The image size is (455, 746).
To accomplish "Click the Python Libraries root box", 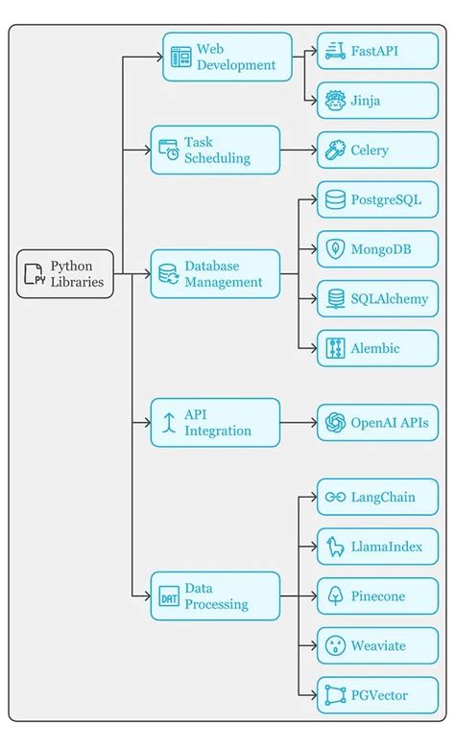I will click(x=65, y=274).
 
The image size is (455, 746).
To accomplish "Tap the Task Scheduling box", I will click(x=215, y=150).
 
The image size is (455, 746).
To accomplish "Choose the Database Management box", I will click(x=215, y=274).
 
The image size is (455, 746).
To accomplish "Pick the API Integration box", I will click(x=215, y=423).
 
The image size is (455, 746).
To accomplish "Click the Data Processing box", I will click(x=215, y=596).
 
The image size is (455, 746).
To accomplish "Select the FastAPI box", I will click(x=377, y=50).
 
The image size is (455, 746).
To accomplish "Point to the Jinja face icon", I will click(x=335, y=100).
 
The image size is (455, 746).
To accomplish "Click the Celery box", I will click(x=377, y=150).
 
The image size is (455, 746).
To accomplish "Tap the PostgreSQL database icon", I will click(x=335, y=199).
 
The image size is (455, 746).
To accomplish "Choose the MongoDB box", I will click(x=377, y=249).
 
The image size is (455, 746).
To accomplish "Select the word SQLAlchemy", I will click(x=390, y=299).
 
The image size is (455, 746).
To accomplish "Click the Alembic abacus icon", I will click(x=335, y=348).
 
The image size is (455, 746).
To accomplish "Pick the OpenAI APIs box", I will click(x=377, y=423).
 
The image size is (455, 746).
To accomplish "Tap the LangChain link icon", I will click(x=335, y=497).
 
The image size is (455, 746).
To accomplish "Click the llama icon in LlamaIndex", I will click(x=335, y=547).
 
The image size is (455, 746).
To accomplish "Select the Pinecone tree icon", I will click(x=335, y=596).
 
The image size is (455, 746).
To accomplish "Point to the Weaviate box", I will click(x=377, y=645).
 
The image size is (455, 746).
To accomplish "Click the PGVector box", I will click(x=377, y=695).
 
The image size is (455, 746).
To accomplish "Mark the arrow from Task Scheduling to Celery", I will click(x=299, y=150).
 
